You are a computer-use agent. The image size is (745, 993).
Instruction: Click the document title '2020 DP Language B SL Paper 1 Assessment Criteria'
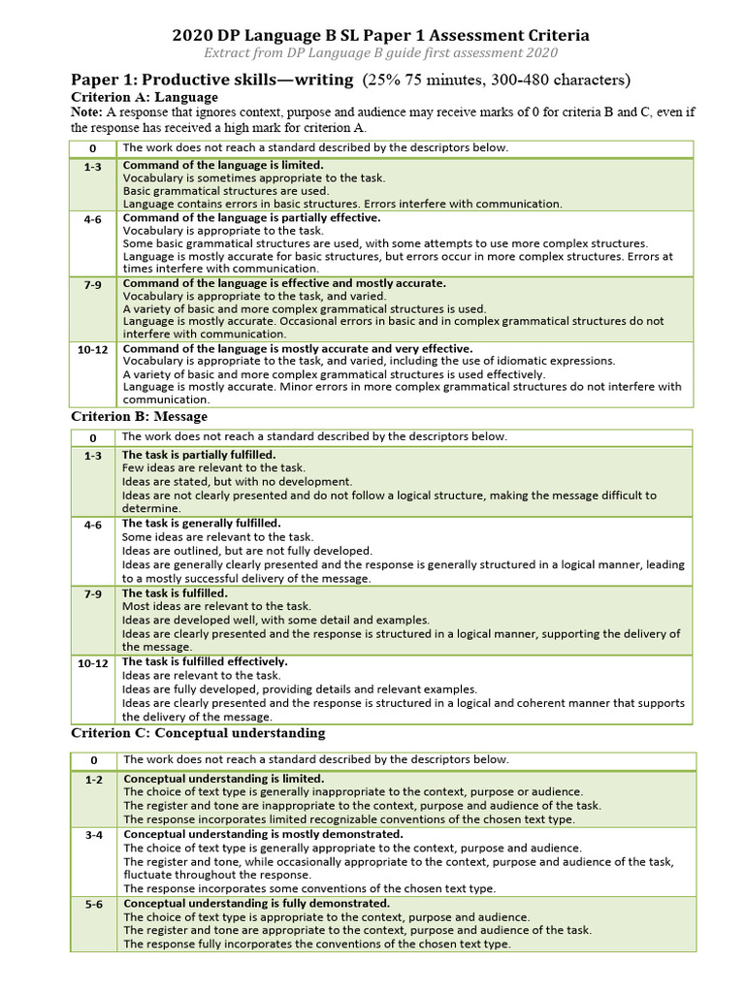click(380, 35)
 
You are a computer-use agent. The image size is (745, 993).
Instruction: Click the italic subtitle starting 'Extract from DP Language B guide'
click(380, 53)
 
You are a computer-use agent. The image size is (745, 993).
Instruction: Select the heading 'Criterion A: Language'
click(145, 97)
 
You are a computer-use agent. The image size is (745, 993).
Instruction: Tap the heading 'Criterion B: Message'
click(139, 416)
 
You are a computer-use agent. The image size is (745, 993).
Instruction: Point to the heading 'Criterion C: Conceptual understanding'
click(198, 732)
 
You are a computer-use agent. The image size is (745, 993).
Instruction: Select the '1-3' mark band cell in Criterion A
click(93, 166)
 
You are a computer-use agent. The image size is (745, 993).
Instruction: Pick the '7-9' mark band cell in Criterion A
click(93, 284)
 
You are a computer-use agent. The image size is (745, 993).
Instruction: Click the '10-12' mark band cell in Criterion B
click(93, 663)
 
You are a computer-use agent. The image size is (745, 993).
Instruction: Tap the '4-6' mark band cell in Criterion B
click(93, 525)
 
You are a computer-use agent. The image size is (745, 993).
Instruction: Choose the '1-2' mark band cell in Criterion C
click(93, 780)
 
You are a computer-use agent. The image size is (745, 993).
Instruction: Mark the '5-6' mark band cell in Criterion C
click(93, 905)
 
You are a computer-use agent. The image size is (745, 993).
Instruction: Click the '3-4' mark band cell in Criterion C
click(93, 835)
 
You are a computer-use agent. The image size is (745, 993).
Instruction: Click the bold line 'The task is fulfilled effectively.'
click(205, 661)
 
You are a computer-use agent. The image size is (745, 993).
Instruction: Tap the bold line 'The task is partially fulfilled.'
click(199, 454)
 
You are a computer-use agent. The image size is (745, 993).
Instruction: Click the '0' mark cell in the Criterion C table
click(93, 760)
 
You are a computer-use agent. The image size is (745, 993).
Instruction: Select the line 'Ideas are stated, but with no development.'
click(238, 481)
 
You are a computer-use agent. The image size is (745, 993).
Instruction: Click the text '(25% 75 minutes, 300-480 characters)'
click(496, 80)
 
